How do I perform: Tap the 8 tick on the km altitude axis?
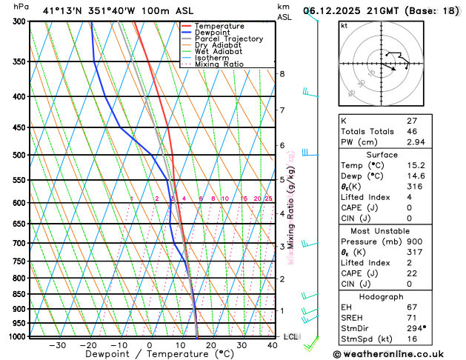(x=282, y=74)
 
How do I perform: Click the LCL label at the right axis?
(x=291, y=336)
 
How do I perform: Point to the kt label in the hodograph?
(x=344, y=25)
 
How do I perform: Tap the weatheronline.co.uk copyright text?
(x=395, y=354)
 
